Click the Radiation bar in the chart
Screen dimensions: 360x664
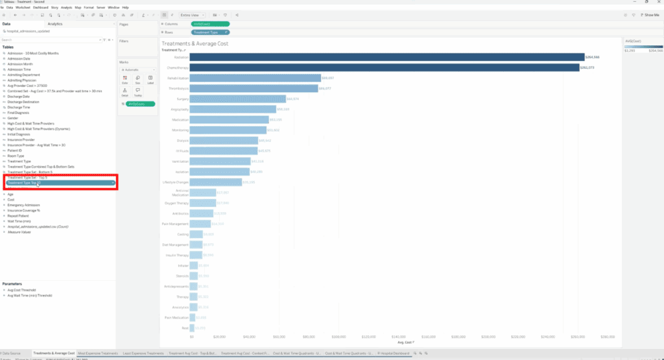386,57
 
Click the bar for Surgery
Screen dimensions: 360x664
238,99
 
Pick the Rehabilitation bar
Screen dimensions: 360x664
255,78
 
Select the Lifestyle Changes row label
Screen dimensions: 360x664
175,182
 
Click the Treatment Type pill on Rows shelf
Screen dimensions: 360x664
209,32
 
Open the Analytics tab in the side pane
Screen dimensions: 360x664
55,23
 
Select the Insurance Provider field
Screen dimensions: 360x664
21,139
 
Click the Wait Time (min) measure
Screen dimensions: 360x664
19,221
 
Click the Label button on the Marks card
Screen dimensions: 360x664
150,80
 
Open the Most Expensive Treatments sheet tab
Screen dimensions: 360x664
98,353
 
